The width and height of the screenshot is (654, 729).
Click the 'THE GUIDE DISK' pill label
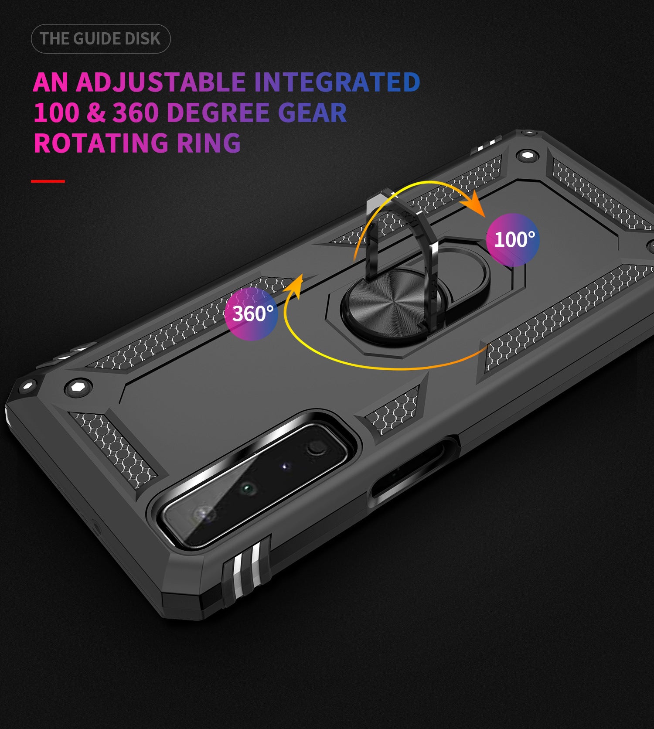100,39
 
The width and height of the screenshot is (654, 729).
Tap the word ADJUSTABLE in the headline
161,82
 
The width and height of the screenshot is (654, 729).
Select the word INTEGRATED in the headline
337,82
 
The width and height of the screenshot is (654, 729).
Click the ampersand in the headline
96,112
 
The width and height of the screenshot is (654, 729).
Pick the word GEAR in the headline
312,112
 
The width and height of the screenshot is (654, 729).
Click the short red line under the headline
48,181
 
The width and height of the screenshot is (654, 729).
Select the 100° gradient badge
513,240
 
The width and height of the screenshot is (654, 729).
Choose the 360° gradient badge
252,313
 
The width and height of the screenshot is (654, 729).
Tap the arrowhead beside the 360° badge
295,286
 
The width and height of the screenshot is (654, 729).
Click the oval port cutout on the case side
414,471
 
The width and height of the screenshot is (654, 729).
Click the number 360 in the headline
136,112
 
